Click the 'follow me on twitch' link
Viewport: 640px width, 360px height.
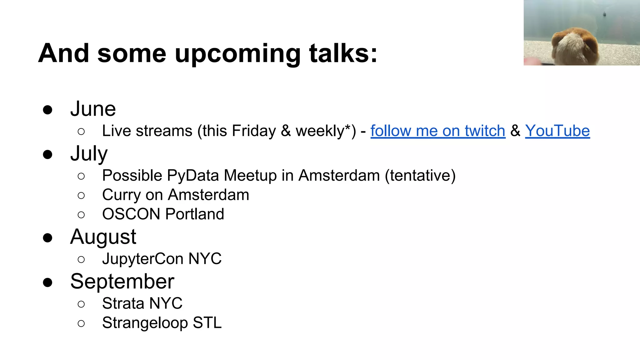point(437,131)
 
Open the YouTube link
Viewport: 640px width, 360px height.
point(557,131)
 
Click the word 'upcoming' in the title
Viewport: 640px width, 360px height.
point(237,54)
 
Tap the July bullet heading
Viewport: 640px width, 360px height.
point(89,154)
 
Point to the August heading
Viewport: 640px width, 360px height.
point(103,237)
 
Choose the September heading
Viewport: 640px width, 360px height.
point(122,281)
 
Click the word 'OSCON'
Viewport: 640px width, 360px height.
point(131,214)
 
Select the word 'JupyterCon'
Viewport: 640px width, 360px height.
point(142,259)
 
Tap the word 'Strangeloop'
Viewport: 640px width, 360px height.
point(145,323)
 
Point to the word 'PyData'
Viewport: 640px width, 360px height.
point(193,175)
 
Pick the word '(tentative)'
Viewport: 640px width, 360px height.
point(420,175)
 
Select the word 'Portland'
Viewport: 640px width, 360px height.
point(194,214)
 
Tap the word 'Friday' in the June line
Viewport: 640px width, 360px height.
point(253,131)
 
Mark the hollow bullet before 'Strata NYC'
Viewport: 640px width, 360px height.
point(81,304)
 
